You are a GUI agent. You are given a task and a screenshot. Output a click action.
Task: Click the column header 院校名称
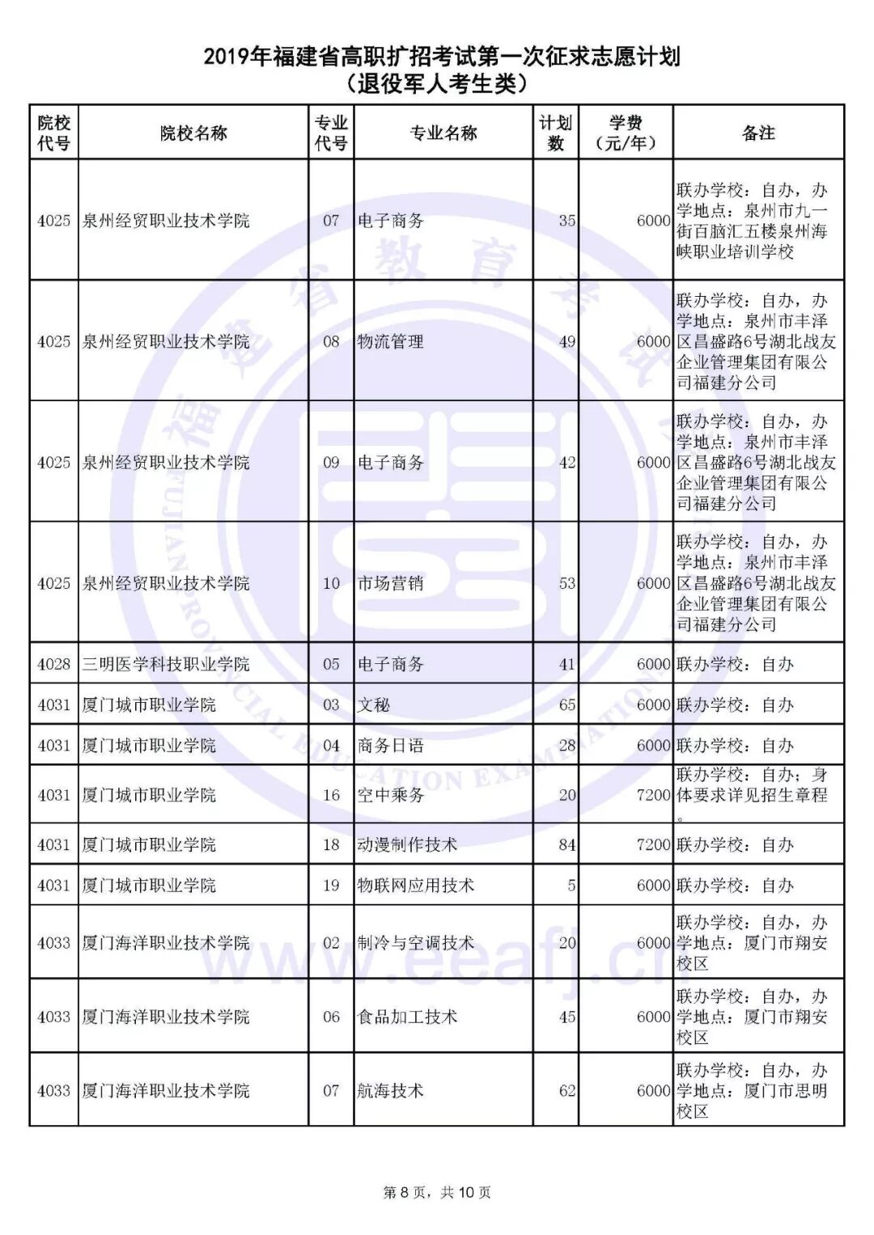click(193, 133)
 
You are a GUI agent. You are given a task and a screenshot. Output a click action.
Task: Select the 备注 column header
click(758, 133)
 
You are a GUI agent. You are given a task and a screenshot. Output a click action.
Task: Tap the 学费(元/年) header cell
click(626, 133)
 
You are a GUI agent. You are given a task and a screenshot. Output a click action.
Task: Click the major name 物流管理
click(391, 341)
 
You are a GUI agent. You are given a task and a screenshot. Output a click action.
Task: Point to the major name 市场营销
click(391, 583)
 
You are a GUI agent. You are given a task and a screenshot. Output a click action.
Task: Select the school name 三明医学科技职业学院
click(166, 664)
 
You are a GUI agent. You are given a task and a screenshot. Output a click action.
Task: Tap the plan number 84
click(566, 844)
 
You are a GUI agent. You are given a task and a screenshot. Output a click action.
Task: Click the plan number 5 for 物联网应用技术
click(571, 885)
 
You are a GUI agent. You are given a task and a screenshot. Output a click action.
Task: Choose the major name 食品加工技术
click(407, 1017)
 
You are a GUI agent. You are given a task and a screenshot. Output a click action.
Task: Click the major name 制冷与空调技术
click(416, 943)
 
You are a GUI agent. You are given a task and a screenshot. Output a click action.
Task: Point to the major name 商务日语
click(391, 745)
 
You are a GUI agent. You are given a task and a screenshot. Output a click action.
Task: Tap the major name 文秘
click(374, 704)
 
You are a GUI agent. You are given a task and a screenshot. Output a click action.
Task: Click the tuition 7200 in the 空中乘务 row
click(653, 795)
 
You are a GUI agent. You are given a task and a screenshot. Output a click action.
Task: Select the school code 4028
click(54, 664)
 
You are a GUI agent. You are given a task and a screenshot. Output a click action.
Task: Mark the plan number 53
click(566, 583)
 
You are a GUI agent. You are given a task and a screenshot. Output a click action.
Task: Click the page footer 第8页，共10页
click(437, 1192)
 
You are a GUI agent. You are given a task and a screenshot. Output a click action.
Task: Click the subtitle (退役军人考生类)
click(437, 83)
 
